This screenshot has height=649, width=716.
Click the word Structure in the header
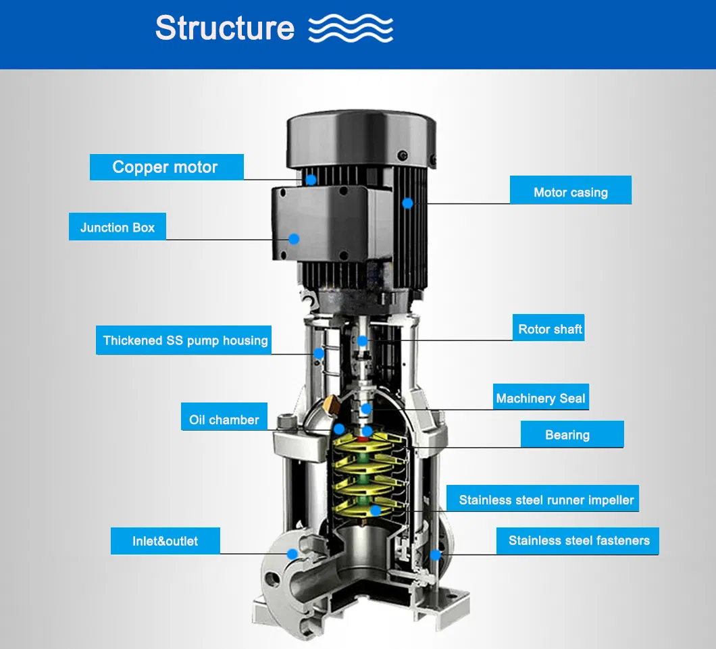225,28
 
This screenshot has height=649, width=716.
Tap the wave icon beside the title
350,30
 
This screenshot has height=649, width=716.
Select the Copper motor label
165,167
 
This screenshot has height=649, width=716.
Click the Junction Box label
118,227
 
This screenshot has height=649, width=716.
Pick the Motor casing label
570,192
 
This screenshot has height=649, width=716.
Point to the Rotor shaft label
550,330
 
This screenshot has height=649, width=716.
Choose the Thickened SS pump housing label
185,340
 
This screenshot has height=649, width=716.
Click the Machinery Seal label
540,398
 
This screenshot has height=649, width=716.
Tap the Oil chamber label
224,419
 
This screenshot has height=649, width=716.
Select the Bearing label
567,435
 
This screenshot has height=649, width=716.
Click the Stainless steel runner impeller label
546,500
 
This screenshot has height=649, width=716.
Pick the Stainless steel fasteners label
578,540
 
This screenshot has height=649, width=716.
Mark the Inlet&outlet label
165,541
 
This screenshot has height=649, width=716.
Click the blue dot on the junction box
295,238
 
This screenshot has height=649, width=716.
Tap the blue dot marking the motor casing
407,202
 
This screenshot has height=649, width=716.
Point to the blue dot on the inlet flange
292,553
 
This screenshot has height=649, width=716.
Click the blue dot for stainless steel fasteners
436,554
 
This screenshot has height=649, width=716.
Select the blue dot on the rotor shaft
362,340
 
